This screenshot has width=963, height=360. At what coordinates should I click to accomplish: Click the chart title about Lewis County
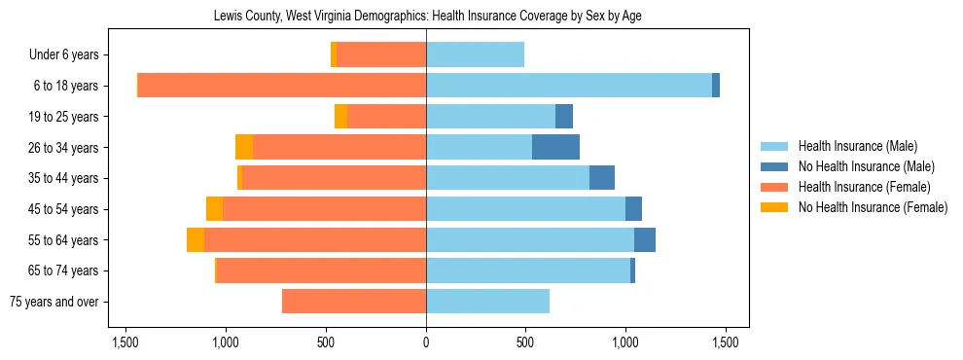tap(427, 17)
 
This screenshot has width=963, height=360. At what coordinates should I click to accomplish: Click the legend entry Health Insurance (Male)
tap(857, 146)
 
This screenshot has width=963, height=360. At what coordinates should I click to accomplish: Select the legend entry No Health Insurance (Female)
tap(873, 207)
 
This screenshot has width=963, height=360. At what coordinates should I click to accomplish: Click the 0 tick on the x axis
tap(426, 342)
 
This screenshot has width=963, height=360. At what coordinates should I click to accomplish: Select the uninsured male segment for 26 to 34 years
tap(555, 147)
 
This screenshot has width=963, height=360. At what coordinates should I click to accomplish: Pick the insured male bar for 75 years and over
tap(487, 302)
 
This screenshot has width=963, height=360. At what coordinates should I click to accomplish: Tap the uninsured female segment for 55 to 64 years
tap(196, 239)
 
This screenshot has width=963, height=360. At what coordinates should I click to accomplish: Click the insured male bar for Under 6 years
tap(475, 54)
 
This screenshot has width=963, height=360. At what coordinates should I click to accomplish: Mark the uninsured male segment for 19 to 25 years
tap(564, 117)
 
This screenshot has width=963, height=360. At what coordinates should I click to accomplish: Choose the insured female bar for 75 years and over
tap(354, 302)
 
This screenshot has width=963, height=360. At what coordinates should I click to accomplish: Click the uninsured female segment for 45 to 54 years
tap(214, 209)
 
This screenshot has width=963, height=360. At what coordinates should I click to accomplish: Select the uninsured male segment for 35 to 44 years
tap(602, 178)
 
